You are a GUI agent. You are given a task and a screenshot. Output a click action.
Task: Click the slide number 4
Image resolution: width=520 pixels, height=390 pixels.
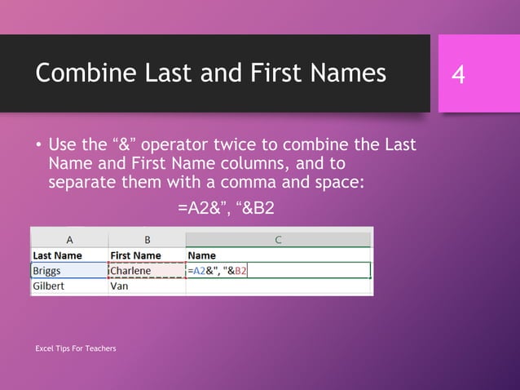pos(459,75)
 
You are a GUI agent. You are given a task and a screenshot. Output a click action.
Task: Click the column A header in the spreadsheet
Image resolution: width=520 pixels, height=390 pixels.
pos(69,239)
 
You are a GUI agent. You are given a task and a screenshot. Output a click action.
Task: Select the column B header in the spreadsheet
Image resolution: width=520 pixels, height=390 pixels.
pos(147,239)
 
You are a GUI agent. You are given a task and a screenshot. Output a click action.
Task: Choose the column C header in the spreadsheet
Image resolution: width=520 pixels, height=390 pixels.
pos(278,239)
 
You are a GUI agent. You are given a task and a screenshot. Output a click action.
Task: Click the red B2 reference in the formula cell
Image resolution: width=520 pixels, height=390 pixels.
pos(240,271)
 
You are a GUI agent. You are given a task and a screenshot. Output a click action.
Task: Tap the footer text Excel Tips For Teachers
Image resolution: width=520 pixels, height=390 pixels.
pos(75,349)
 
